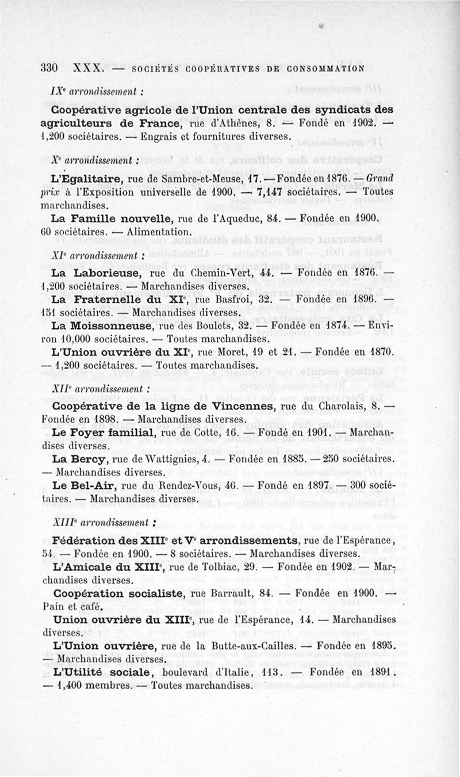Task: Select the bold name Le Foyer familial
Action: pos(102,432)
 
